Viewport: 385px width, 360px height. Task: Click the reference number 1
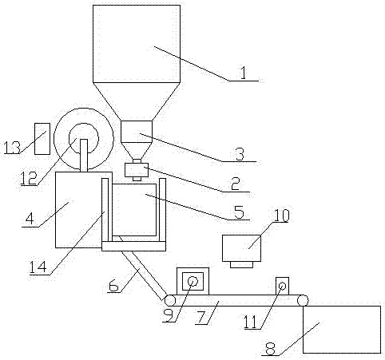pyautogui.click(x=244, y=73)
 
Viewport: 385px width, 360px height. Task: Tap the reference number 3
pyautogui.click(x=240, y=154)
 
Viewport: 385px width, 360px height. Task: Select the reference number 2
pyautogui.click(x=236, y=184)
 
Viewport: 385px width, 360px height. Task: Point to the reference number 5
pyautogui.click(x=239, y=212)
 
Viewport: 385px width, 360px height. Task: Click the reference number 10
pyautogui.click(x=281, y=216)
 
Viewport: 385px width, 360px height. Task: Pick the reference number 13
pyautogui.click(x=12, y=148)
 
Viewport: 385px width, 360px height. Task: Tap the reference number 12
pyautogui.click(x=29, y=178)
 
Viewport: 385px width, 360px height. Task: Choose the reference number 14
pyautogui.click(x=38, y=267)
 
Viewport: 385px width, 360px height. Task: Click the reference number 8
pyautogui.click(x=270, y=348)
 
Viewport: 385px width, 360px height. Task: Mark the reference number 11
pyautogui.click(x=251, y=322)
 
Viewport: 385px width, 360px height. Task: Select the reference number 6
pyautogui.click(x=113, y=286)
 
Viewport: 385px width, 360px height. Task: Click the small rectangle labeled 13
pyautogui.click(x=42, y=139)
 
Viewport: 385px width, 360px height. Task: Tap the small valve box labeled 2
pyautogui.click(x=137, y=170)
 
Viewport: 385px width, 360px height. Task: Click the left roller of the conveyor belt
pyautogui.click(x=170, y=301)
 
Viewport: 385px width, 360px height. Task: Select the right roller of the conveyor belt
pyautogui.click(x=303, y=300)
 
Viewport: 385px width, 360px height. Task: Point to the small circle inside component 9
pyautogui.click(x=192, y=281)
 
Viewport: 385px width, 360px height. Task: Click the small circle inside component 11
pyautogui.click(x=282, y=287)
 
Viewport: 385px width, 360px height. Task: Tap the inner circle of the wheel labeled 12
pyautogui.click(x=69, y=138)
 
